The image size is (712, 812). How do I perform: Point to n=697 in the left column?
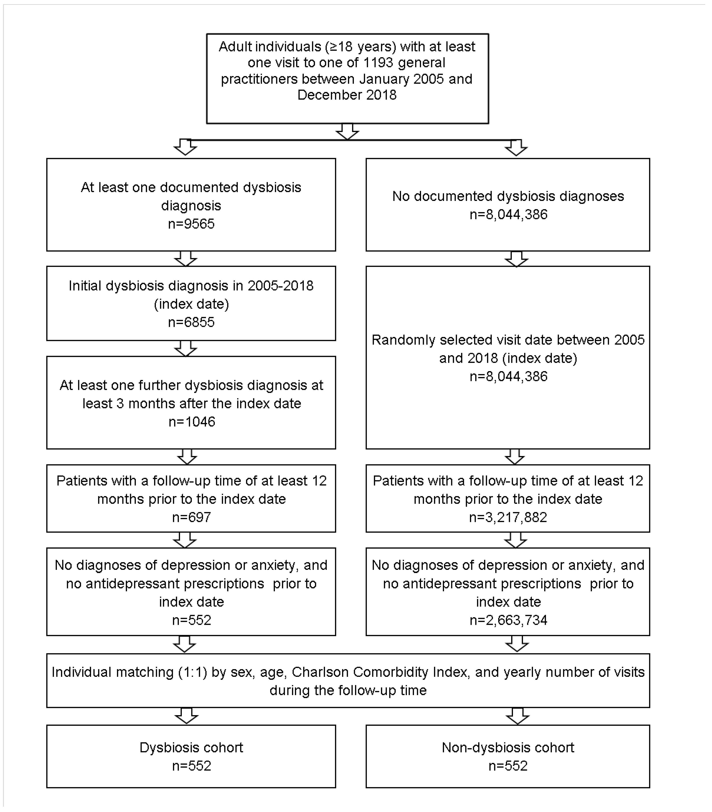[191, 517]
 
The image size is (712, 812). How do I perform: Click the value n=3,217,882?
[508, 517]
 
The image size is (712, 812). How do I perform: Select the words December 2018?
[347, 95]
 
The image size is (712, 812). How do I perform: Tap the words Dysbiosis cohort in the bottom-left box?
[191, 748]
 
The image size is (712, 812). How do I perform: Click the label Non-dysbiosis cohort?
[508, 748]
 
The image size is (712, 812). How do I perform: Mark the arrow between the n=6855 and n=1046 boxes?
[185, 348]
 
